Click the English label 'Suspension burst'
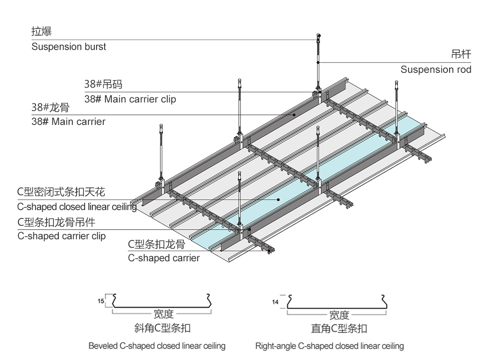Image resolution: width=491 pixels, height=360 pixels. tap(69, 47)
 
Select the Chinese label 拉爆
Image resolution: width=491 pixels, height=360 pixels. tap(41, 32)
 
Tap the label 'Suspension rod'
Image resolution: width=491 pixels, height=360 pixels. tap(436, 69)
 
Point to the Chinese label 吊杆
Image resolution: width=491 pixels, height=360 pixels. tap(461, 55)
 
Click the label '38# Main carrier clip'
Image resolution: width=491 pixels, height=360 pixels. tap(130, 100)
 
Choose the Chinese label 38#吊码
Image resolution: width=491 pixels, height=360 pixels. tap(103, 84)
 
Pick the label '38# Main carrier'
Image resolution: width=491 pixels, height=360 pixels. tap(68, 122)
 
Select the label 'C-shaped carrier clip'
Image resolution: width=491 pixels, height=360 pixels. tap(61, 236)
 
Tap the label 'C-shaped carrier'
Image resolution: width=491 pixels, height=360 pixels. tap(164, 258)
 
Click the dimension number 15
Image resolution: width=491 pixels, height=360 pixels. tap(101, 302)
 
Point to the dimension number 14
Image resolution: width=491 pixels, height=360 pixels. tap(276, 302)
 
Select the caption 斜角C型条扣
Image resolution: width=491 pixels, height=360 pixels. tap(165, 328)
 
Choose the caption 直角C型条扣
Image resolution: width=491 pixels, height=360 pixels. tap(339, 328)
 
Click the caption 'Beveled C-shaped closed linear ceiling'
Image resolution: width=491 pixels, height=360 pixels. tap(157, 346)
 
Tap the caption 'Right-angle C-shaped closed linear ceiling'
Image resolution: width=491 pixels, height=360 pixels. tap(329, 346)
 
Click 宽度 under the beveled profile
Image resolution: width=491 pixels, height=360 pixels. tap(163, 314)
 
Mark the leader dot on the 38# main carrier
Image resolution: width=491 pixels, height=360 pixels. tap(294, 114)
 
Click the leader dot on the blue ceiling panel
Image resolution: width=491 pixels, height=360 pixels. tap(278, 199)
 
